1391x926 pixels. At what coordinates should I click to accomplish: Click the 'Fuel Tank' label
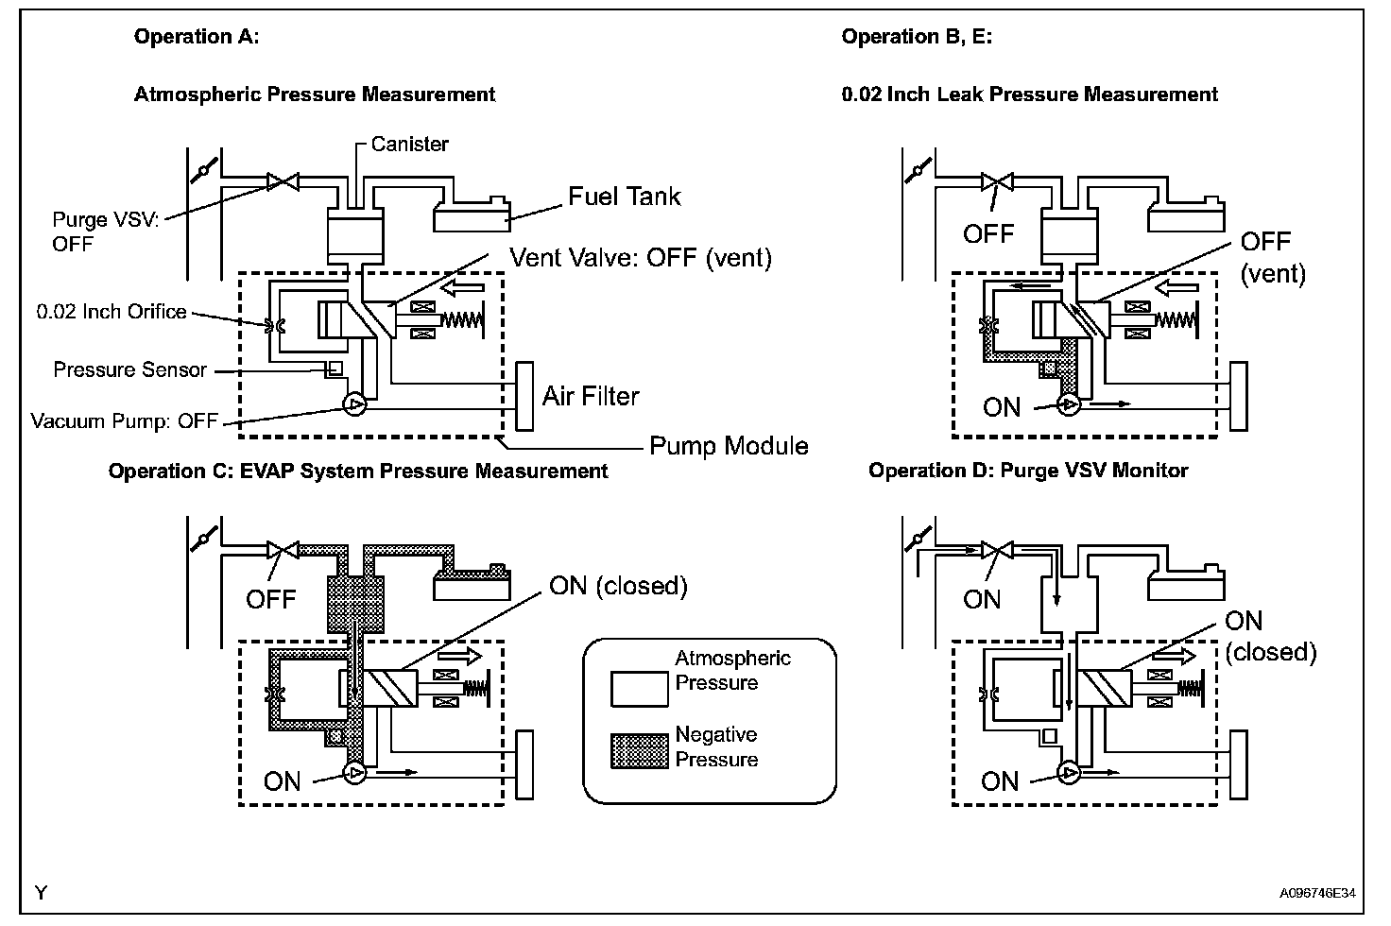pyautogui.click(x=624, y=197)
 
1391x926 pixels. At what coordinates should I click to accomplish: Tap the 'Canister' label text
pyautogui.click(x=409, y=144)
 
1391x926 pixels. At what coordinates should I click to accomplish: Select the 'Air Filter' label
pyautogui.click(x=591, y=396)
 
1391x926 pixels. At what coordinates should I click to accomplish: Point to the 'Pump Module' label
pyautogui.click(x=729, y=446)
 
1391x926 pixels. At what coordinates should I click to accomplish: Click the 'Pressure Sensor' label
pyautogui.click(x=129, y=369)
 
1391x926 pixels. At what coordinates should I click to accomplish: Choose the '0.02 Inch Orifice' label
pyautogui.click(x=112, y=311)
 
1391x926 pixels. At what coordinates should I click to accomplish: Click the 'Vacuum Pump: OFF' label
pyautogui.click(x=124, y=421)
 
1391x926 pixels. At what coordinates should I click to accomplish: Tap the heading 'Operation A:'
pyautogui.click(x=197, y=37)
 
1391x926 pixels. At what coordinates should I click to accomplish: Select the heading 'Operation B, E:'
pyautogui.click(x=917, y=37)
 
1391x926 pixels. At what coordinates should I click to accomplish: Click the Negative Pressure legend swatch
pyautogui.click(x=640, y=751)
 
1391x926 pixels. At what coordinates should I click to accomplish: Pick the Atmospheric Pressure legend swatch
pyautogui.click(x=640, y=690)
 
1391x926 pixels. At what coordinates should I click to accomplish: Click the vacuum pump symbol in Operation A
pyautogui.click(x=354, y=405)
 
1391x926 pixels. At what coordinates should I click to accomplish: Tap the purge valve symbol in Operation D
pyautogui.click(x=997, y=550)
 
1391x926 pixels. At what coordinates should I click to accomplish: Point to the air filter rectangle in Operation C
pyautogui.click(x=524, y=764)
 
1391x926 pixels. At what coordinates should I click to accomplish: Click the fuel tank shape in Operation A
pyautogui.click(x=472, y=214)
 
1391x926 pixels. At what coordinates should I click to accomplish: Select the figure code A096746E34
pyautogui.click(x=1317, y=893)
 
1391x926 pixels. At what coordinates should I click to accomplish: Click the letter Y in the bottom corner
pyautogui.click(x=41, y=893)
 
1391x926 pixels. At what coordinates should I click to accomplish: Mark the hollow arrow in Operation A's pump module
pyautogui.click(x=462, y=287)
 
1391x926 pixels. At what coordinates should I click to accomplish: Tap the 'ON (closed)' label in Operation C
pyautogui.click(x=619, y=586)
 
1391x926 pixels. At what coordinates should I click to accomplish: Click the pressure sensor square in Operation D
pyautogui.click(x=1050, y=736)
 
